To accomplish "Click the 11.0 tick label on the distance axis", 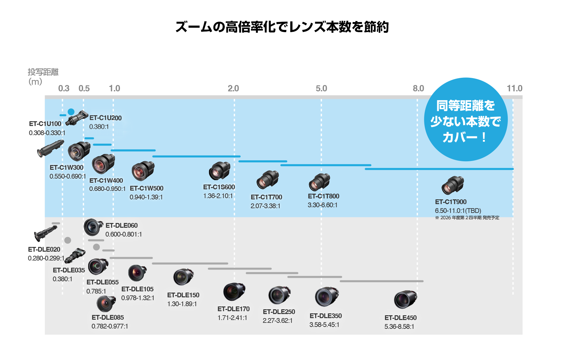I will pyautogui.click(x=514, y=89).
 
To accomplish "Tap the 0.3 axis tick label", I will pyautogui.click(x=64, y=89).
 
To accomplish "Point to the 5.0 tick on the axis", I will pyautogui.click(x=321, y=89).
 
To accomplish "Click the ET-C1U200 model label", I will pyautogui.click(x=105, y=118).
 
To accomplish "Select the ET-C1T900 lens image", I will pyautogui.click(x=453, y=185).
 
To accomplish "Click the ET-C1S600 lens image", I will pyautogui.click(x=219, y=171).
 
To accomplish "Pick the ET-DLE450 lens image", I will pyautogui.click(x=405, y=299).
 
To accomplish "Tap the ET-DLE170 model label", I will pyautogui.click(x=233, y=309).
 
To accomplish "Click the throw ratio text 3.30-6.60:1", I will pyautogui.click(x=322, y=205).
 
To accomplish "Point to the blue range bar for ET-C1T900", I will pyautogui.click(x=439, y=169).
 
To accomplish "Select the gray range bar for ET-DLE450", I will pyautogui.click(x=382, y=281).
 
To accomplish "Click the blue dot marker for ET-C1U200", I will pyautogui.click(x=71, y=112).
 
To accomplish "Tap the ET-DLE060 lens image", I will pyautogui.click(x=93, y=227).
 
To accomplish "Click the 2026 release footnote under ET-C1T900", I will pyautogui.click(x=467, y=218).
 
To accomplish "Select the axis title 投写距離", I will pyautogui.click(x=43, y=72).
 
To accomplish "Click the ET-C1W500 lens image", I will pyautogui.click(x=143, y=171).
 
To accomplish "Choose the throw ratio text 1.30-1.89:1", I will pyautogui.click(x=182, y=304).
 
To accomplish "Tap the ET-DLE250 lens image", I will pyautogui.click(x=279, y=294).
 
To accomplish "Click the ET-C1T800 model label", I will pyautogui.click(x=323, y=196).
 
